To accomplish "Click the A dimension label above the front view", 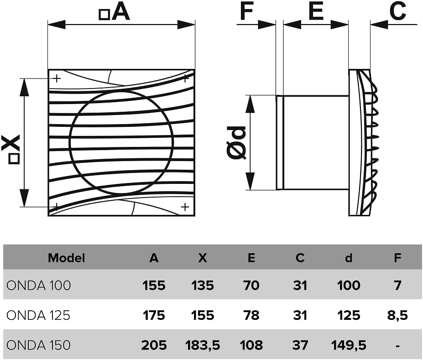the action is click(115, 12).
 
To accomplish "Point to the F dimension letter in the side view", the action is click(246, 11).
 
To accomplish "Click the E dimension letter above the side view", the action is click(316, 11).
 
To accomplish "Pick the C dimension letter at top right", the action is click(398, 11).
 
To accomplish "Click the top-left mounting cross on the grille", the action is click(57, 79).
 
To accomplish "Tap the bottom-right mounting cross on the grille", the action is click(185, 207).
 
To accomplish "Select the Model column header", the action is click(66, 258).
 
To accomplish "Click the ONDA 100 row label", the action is click(39, 285).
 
